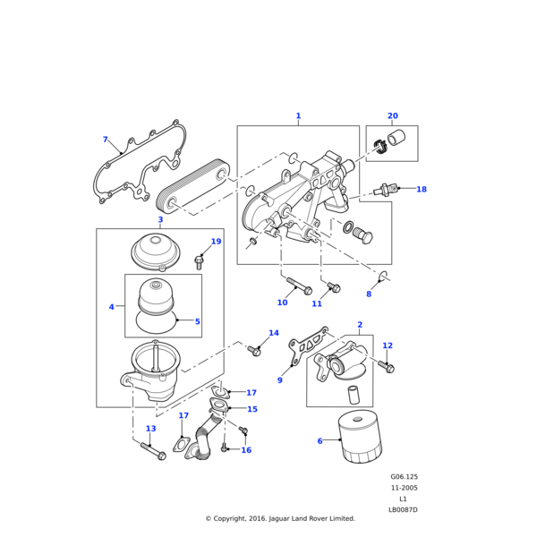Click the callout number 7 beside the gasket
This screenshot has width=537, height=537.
[x=105, y=140]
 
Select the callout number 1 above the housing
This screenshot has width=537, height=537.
[x=298, y=116]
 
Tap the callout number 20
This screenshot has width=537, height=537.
[x=392, y=116]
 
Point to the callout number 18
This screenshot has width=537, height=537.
[x=421, y=190]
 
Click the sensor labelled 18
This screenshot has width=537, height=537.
[x=386, y=190]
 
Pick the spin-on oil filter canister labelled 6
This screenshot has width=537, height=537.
[x=362, y=439]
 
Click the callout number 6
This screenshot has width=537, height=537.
[x=320, y=441]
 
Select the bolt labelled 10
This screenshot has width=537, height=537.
[x=297, y=286]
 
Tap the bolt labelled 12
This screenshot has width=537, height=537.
[x=387, y=366]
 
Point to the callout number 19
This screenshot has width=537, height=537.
[x=216, y=242]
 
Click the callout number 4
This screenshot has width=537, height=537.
[x=112, y=307]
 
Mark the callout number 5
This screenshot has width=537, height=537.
[x=197, y=321]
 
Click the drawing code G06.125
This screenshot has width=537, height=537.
[x=404, y=478]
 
